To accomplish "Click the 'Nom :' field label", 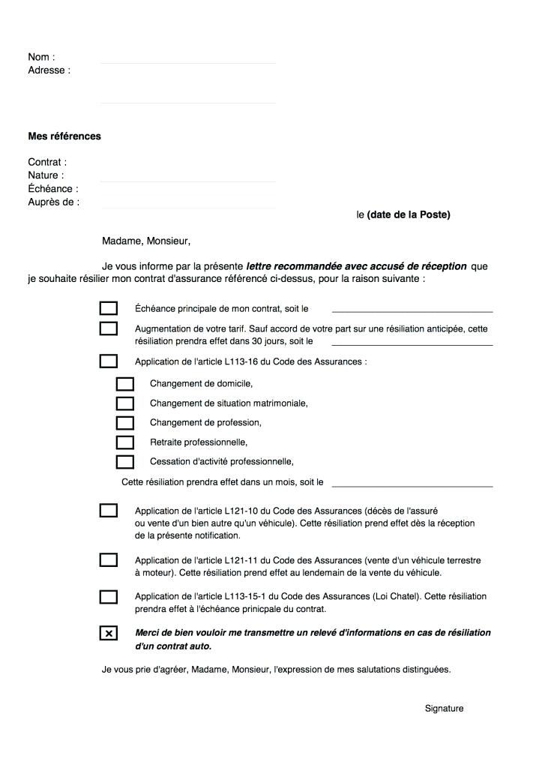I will [x=41, y=57].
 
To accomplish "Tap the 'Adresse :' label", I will [x=49, y=70].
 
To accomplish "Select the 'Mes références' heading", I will [x=64, y=136].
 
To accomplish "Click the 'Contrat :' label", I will [x=47, y=162].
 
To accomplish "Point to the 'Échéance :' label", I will [x=53, y=189].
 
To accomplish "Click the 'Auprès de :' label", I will [x=54, y=202].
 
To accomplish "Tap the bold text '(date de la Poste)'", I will [x=409, y=215].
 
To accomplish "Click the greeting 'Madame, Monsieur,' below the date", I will [x=146, y=241].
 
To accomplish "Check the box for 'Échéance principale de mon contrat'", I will [x=109, y=308].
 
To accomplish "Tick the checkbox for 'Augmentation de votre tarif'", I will [x=109, y=328].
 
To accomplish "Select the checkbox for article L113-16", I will [x=109, y=361].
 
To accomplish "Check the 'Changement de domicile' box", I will [x=125, y=384].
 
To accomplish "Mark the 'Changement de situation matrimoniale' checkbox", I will [x=125, y=403].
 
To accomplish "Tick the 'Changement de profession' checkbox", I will [x=125, y=423].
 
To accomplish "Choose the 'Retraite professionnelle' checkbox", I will [x=125, y=442].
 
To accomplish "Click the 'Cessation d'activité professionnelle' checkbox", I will [x=125, y=462].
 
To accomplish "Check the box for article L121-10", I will [x=109, y=511].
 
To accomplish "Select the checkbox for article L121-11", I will [x=109, y=559].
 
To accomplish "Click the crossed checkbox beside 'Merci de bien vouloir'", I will [x=109, y=634].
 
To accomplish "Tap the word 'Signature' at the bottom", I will [x=444, y=709].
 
